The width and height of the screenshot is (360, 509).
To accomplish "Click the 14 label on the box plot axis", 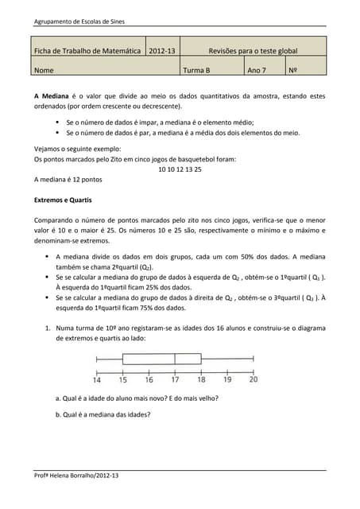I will (97, 379).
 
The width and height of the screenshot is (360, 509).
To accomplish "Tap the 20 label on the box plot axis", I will (253, 379).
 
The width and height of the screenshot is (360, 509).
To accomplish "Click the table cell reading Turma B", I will (196, 70).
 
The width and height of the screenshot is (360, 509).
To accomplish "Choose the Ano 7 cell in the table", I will (256, 70).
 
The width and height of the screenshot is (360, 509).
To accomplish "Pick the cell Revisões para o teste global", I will (252, 51).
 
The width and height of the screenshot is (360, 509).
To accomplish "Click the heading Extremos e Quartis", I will (65, 198).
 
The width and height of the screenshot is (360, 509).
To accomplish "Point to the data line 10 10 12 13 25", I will (180, 169).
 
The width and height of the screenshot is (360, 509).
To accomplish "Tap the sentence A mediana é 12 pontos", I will (68, 180).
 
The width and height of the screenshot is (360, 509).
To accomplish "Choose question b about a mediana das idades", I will (103, 414).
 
